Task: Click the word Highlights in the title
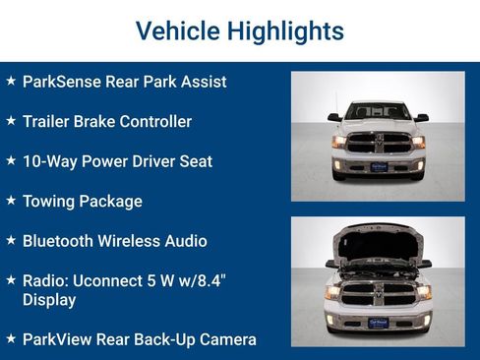click(x=283, y=30)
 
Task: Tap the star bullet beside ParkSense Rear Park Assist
click(x=11, y=81)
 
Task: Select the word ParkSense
click(x=62, y=82)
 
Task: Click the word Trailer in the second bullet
click(x=49, y=122)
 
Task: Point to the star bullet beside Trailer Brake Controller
click(x=11, y=121)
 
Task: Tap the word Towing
click(x=52, y=202)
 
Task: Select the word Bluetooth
click(x=61, y=241)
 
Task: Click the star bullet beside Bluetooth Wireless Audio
click(x=11, y=240)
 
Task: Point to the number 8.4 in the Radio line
click(x=210, y=280)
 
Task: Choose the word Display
click(x=49, y=300)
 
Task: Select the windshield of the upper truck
click(x=378, y=111)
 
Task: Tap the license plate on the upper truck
click(x=378, y=167)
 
